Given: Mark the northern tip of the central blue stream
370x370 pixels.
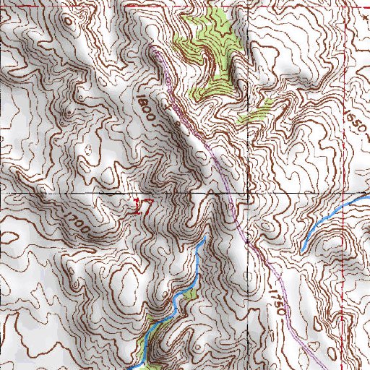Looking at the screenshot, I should tap(205, 238).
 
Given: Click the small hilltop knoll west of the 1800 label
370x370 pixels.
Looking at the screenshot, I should tap(69, 112).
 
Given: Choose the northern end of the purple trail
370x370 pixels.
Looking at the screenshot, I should tap(155, 51).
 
